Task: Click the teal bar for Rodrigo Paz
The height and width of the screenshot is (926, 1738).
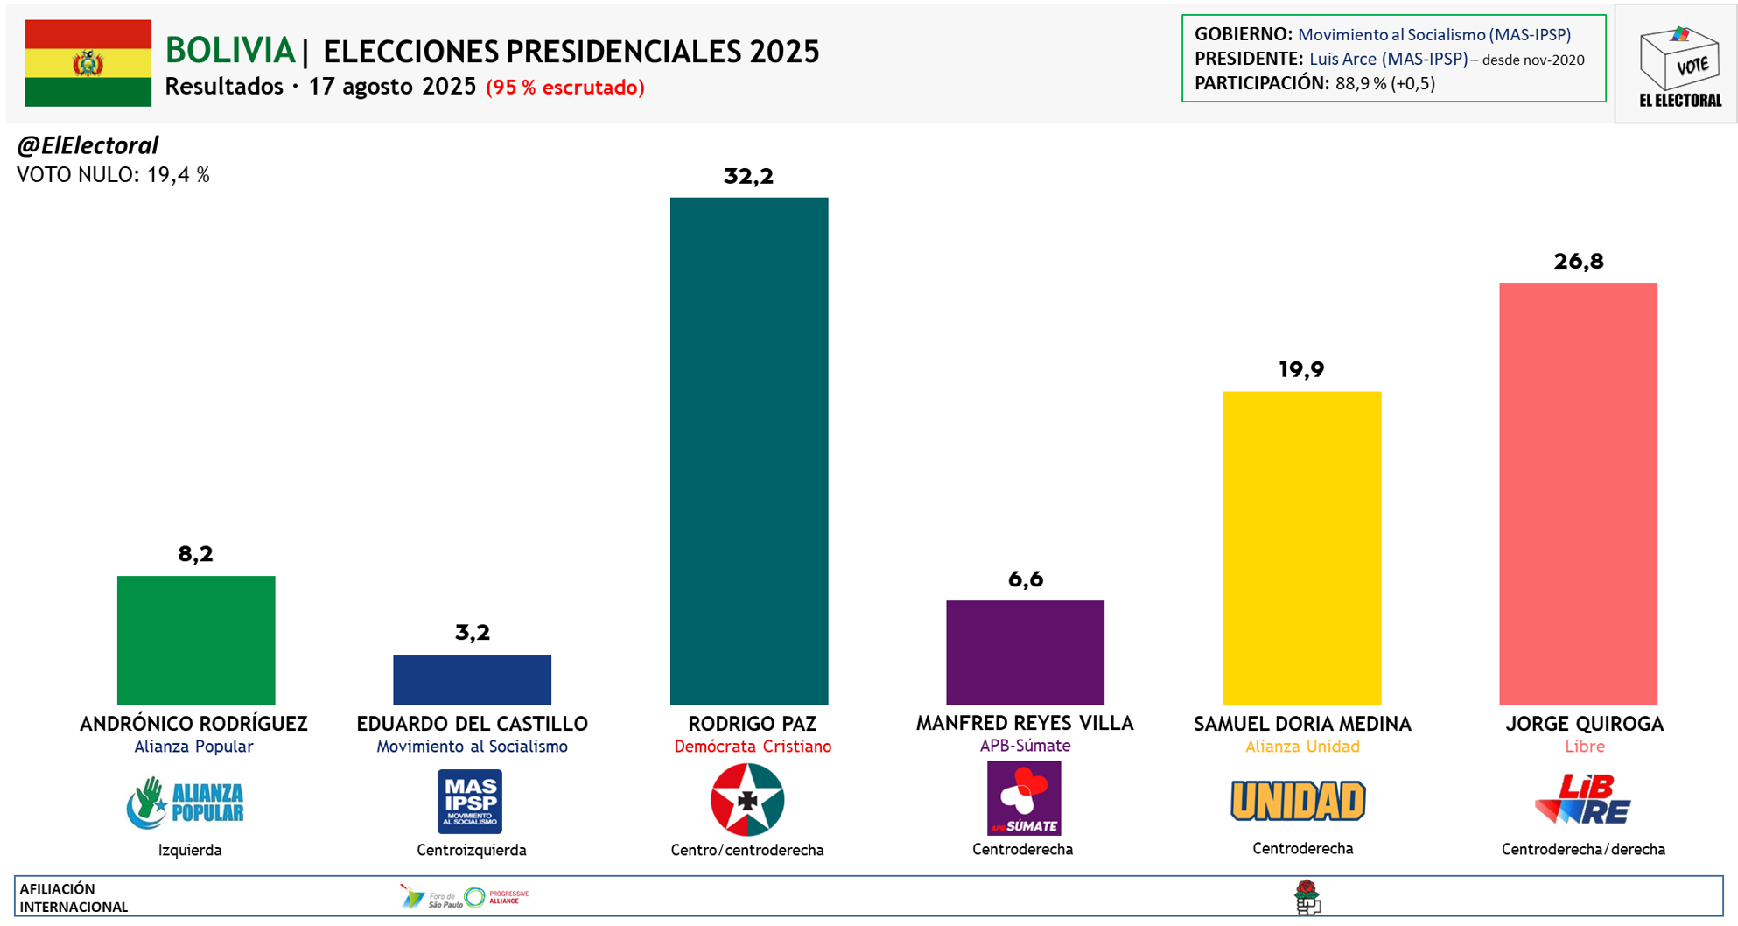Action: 749,451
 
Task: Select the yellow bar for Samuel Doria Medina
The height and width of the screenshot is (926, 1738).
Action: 1301,548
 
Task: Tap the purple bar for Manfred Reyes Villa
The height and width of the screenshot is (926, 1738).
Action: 1025,652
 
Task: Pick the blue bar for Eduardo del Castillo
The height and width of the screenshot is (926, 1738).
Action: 472,679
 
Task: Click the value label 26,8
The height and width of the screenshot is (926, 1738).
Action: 1579,261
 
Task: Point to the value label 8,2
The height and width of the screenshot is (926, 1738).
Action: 195,553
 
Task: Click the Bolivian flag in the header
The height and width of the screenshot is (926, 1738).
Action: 88,63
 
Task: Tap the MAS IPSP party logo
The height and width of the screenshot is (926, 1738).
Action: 470,801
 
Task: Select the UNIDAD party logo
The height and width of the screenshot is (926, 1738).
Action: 1298,800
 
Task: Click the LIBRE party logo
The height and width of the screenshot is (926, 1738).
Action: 1582,799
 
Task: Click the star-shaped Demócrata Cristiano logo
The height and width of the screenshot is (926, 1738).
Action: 747,799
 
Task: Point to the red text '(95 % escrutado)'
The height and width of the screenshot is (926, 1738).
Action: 565,88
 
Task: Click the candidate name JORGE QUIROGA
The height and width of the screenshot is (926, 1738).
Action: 1584,724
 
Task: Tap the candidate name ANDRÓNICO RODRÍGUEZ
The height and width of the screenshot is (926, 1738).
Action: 193,724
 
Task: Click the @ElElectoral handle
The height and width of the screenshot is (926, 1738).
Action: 88,145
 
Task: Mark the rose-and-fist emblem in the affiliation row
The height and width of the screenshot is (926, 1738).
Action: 1307,897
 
